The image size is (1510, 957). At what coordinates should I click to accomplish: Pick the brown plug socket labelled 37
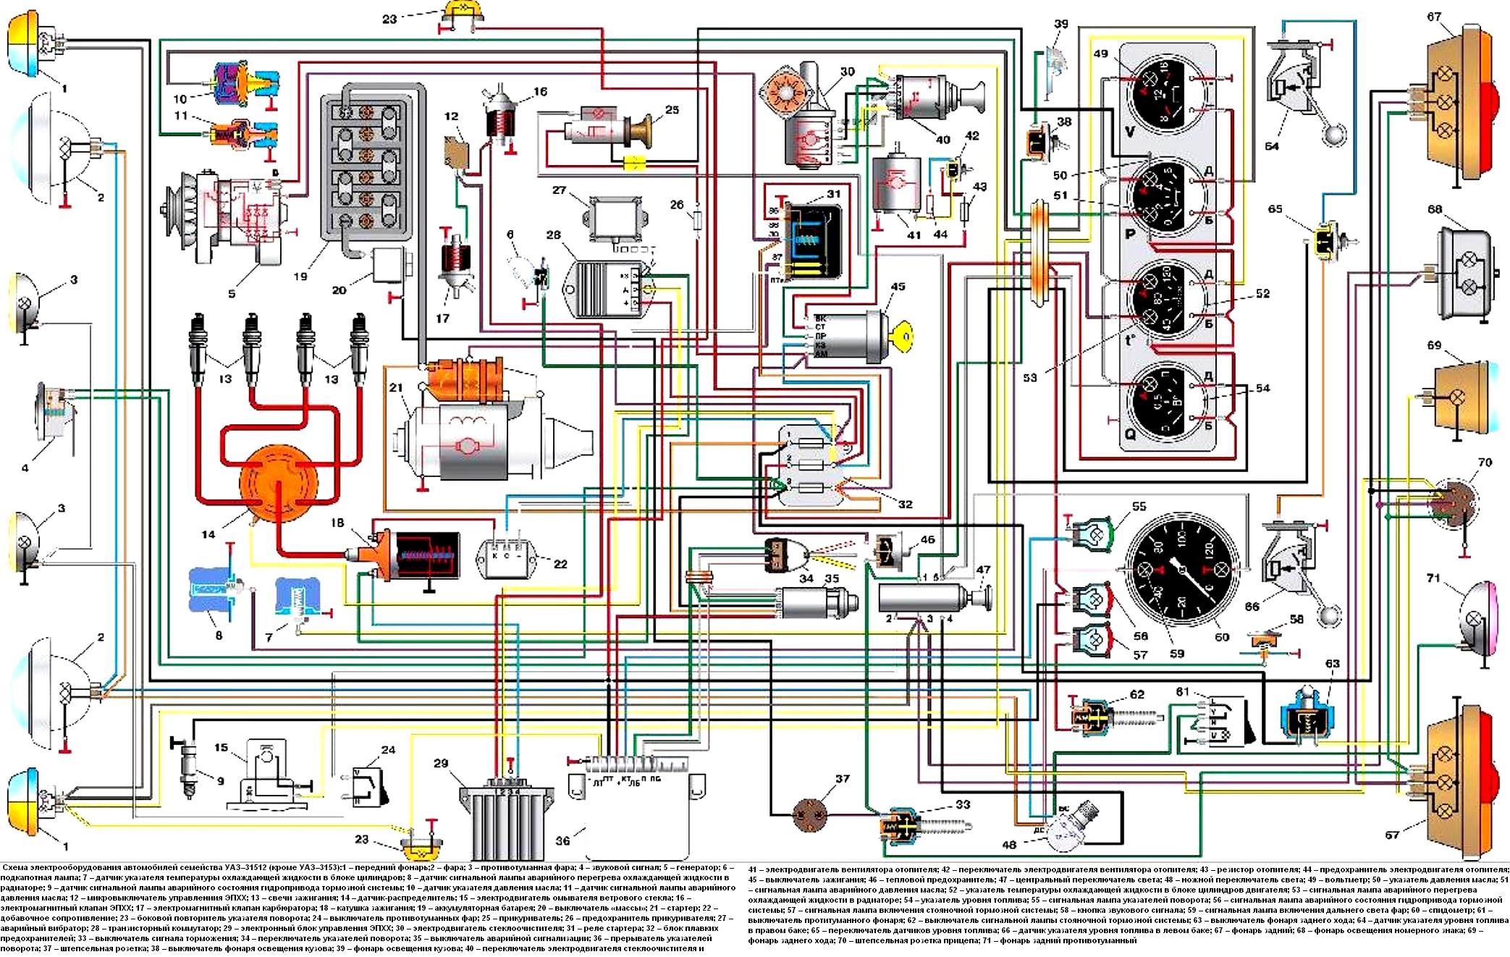point(809,812)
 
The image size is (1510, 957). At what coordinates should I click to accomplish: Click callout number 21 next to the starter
point(395,389)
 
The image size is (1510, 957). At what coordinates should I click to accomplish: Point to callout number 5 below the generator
point(232,294)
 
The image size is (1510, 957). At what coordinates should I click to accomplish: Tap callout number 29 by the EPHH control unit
point(441,764)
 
